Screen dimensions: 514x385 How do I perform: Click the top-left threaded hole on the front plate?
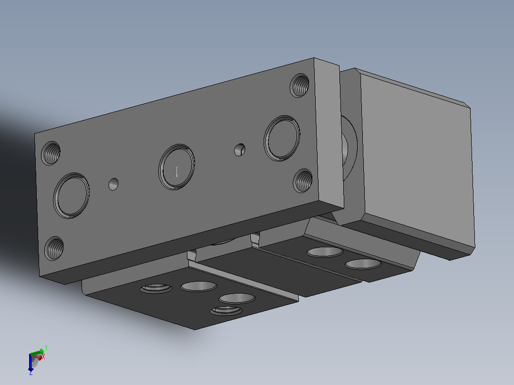51,153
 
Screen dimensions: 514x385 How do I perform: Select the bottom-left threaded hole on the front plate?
54,248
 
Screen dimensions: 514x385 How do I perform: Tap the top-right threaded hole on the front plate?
299,85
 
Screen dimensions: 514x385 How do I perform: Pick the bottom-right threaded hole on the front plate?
303,181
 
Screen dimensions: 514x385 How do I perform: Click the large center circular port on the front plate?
177,167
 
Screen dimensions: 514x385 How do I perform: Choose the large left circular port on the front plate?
72,196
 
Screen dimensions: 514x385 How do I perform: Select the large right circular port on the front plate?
282,138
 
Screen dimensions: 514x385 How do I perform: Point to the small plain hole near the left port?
113,184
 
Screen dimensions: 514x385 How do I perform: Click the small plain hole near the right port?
240,150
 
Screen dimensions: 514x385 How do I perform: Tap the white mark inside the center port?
177,172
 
